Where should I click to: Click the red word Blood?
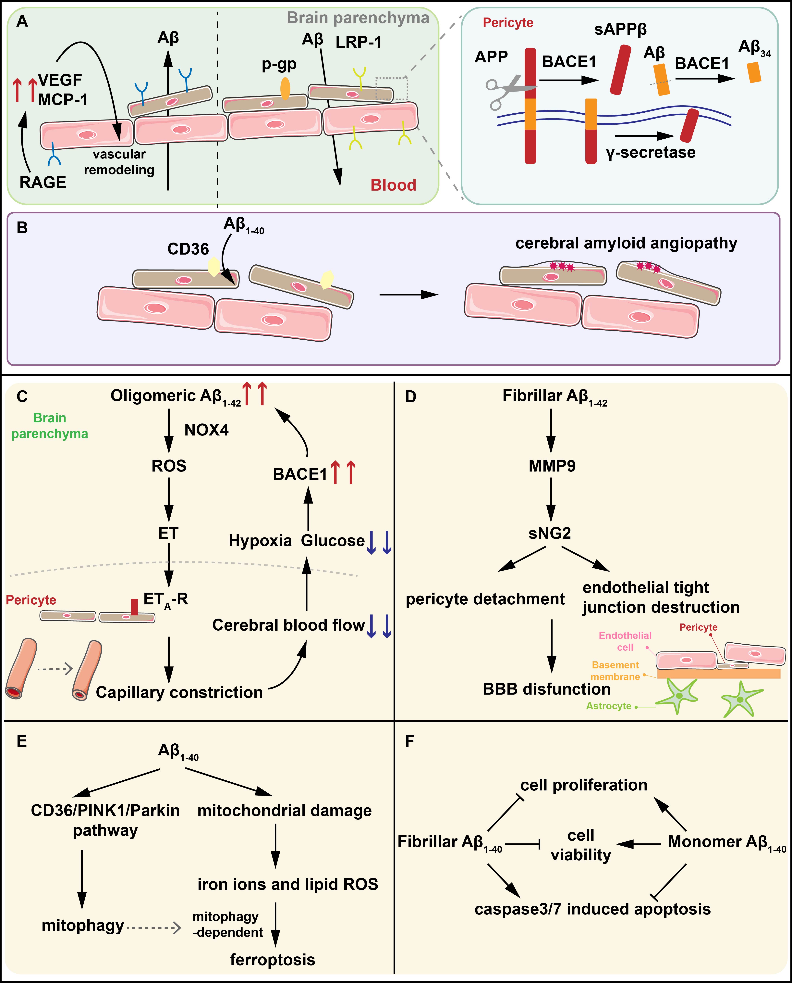393,185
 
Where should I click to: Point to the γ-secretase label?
651,152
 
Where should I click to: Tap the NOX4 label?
206,430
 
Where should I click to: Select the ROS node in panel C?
169,466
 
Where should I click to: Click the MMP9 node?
552,466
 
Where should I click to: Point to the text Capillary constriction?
179,692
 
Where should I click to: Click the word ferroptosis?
272,960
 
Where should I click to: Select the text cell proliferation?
583,785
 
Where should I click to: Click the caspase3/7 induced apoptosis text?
592,909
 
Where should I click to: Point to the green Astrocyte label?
609,706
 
